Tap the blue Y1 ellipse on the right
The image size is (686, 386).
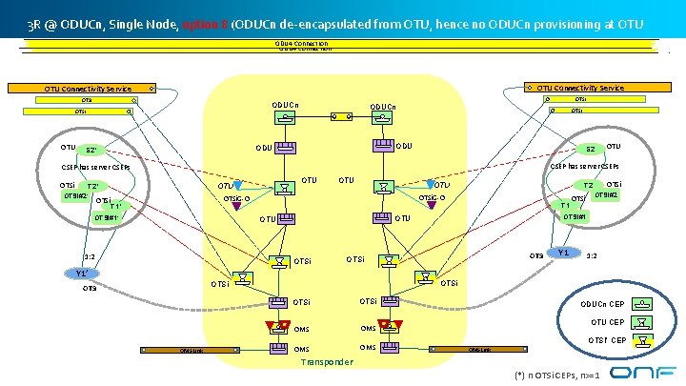tap(564, 253)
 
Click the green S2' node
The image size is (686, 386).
tap(91, 151)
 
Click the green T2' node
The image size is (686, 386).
tap(93, 186)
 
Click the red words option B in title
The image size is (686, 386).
tap(201, 22)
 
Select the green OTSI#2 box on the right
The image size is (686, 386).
tap(605, 195)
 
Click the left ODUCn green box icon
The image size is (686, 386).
tap(284, 118)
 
